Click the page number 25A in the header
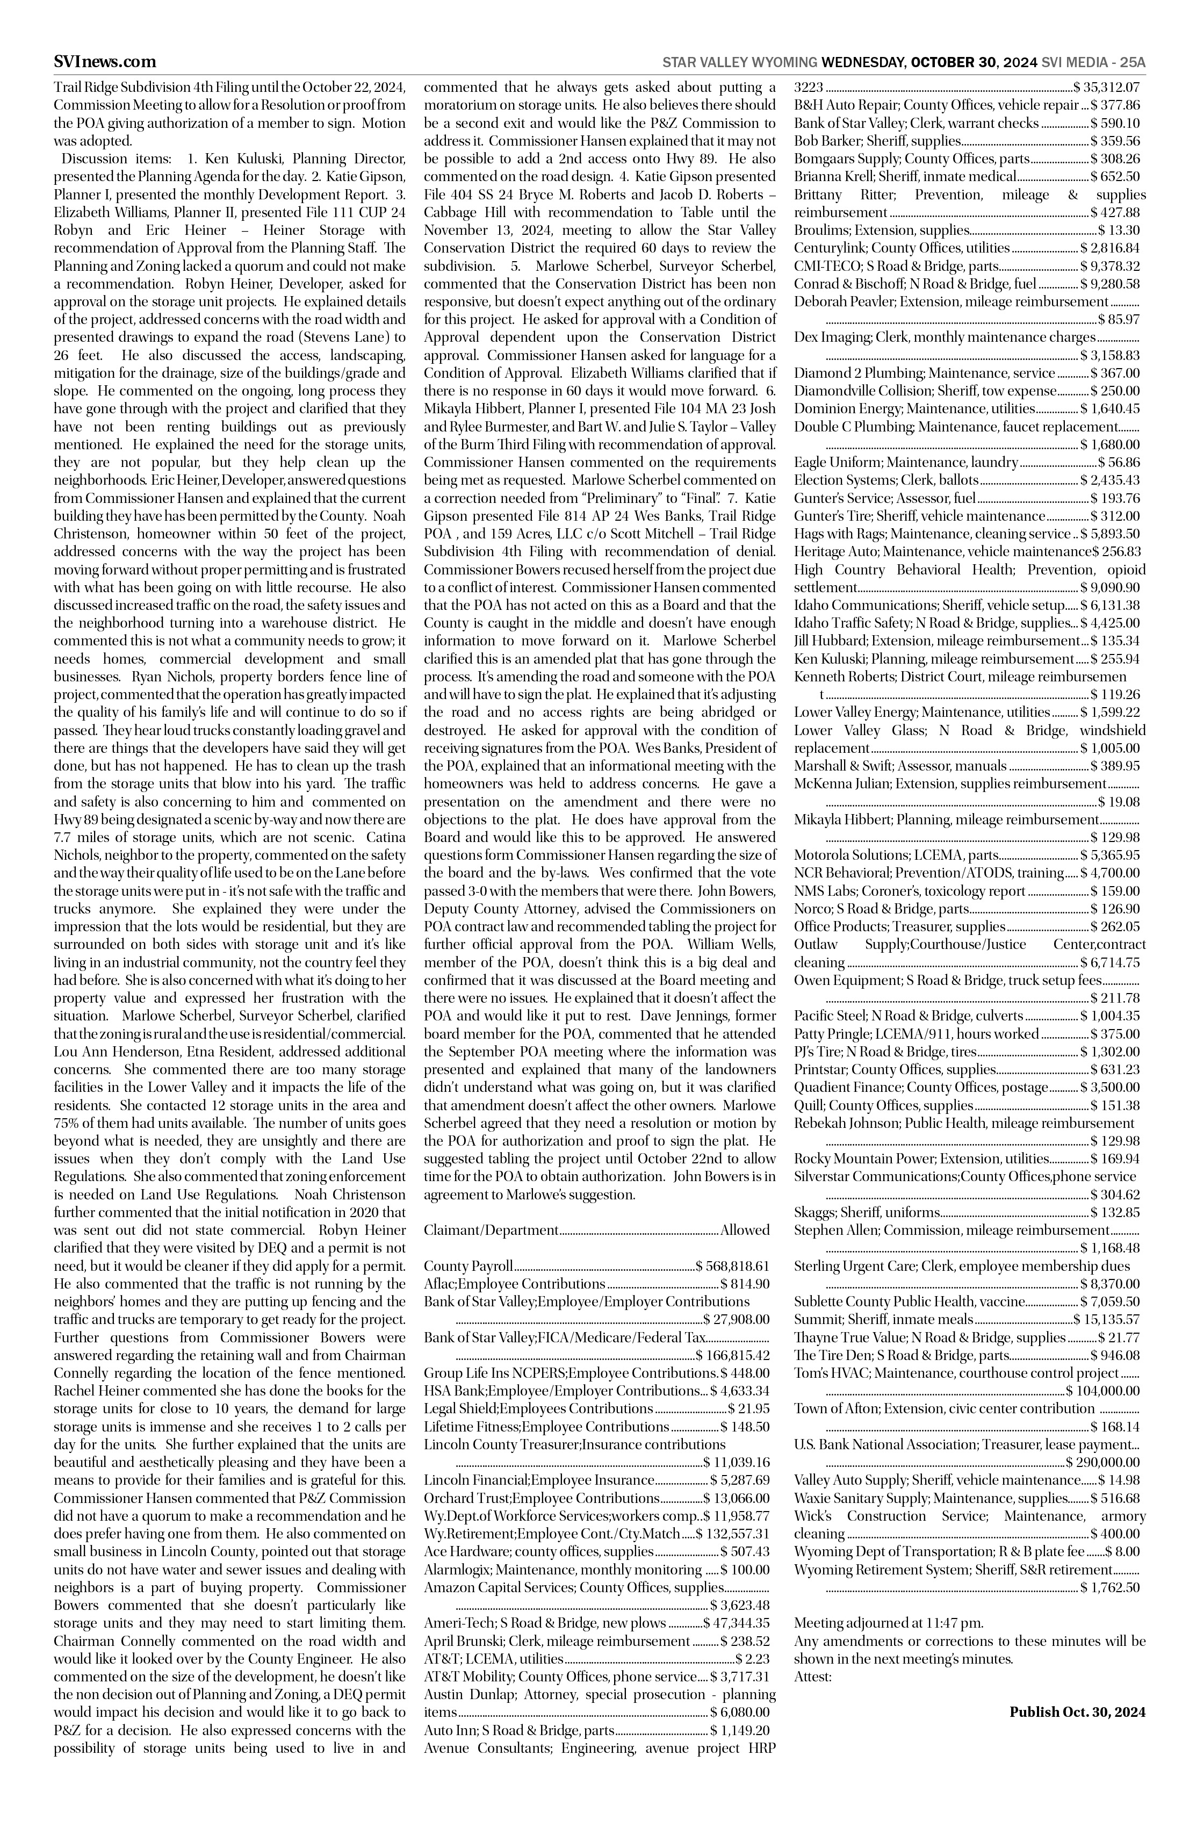click(1131, 62)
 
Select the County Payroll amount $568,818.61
click(732, 1267)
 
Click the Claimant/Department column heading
click(491, 1231)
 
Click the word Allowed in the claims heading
click(745, 1231)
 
